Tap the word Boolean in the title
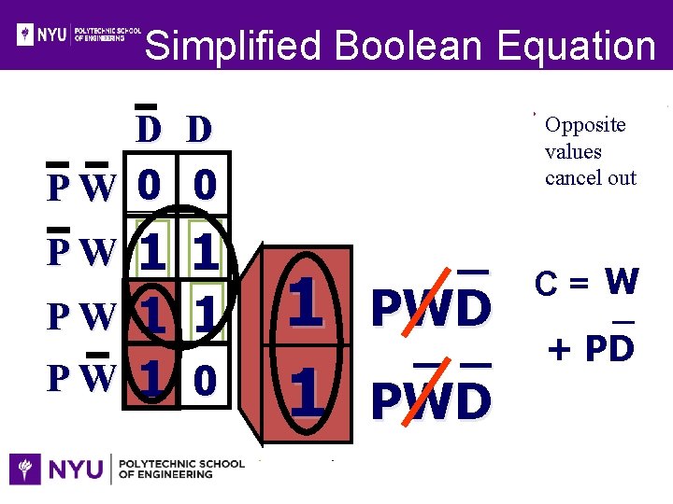(408, 45)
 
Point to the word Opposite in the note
(585, 125)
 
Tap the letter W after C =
(622, 280)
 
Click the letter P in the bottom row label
(58, 379)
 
